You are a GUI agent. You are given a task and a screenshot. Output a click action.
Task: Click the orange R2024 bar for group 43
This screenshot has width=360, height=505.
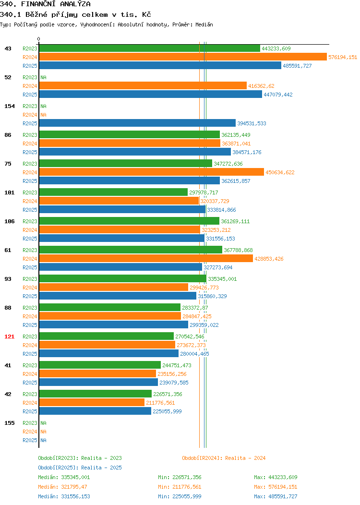click(x=183, y=57)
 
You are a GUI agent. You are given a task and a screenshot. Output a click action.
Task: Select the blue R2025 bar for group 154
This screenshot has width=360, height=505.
click(x=137, y=123)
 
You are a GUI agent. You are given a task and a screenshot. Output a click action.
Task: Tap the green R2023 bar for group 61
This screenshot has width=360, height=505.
click(x=131, y=250)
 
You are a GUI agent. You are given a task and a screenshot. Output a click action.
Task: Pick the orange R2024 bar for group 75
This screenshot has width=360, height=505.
click(x=152, y=172)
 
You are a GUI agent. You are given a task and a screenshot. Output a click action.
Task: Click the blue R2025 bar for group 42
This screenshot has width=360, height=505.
click(x=96, y=411)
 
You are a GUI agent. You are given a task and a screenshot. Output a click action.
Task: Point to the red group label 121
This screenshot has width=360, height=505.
click(x=9, y=337)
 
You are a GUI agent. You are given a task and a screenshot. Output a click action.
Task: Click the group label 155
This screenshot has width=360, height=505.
click(x=9, y=423)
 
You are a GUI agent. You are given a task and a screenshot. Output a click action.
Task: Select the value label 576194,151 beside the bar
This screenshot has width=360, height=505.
click(x=343, y=57)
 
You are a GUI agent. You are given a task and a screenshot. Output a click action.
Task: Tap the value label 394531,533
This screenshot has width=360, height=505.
click(x=252, y=123)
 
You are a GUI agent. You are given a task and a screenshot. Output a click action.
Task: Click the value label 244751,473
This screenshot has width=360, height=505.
click(x=177, y=365)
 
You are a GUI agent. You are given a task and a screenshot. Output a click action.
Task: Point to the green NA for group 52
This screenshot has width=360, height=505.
click(x=44, y=77)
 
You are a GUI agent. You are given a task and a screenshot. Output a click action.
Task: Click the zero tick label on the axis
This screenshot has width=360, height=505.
click(x=39, y=39)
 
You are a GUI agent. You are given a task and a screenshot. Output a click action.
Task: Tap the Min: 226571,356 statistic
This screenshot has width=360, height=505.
click(x=180, y=477)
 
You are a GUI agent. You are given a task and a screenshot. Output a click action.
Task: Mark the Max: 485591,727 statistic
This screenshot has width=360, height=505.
click(x=276, y=497)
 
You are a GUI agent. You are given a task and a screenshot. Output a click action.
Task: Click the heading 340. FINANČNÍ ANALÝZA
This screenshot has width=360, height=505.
click(x=45, y=4)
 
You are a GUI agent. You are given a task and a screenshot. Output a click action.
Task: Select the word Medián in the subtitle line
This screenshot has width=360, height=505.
click(x=204, y=24)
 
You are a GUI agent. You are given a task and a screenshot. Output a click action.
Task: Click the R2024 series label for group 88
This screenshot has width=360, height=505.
click(x=30, y=316)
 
